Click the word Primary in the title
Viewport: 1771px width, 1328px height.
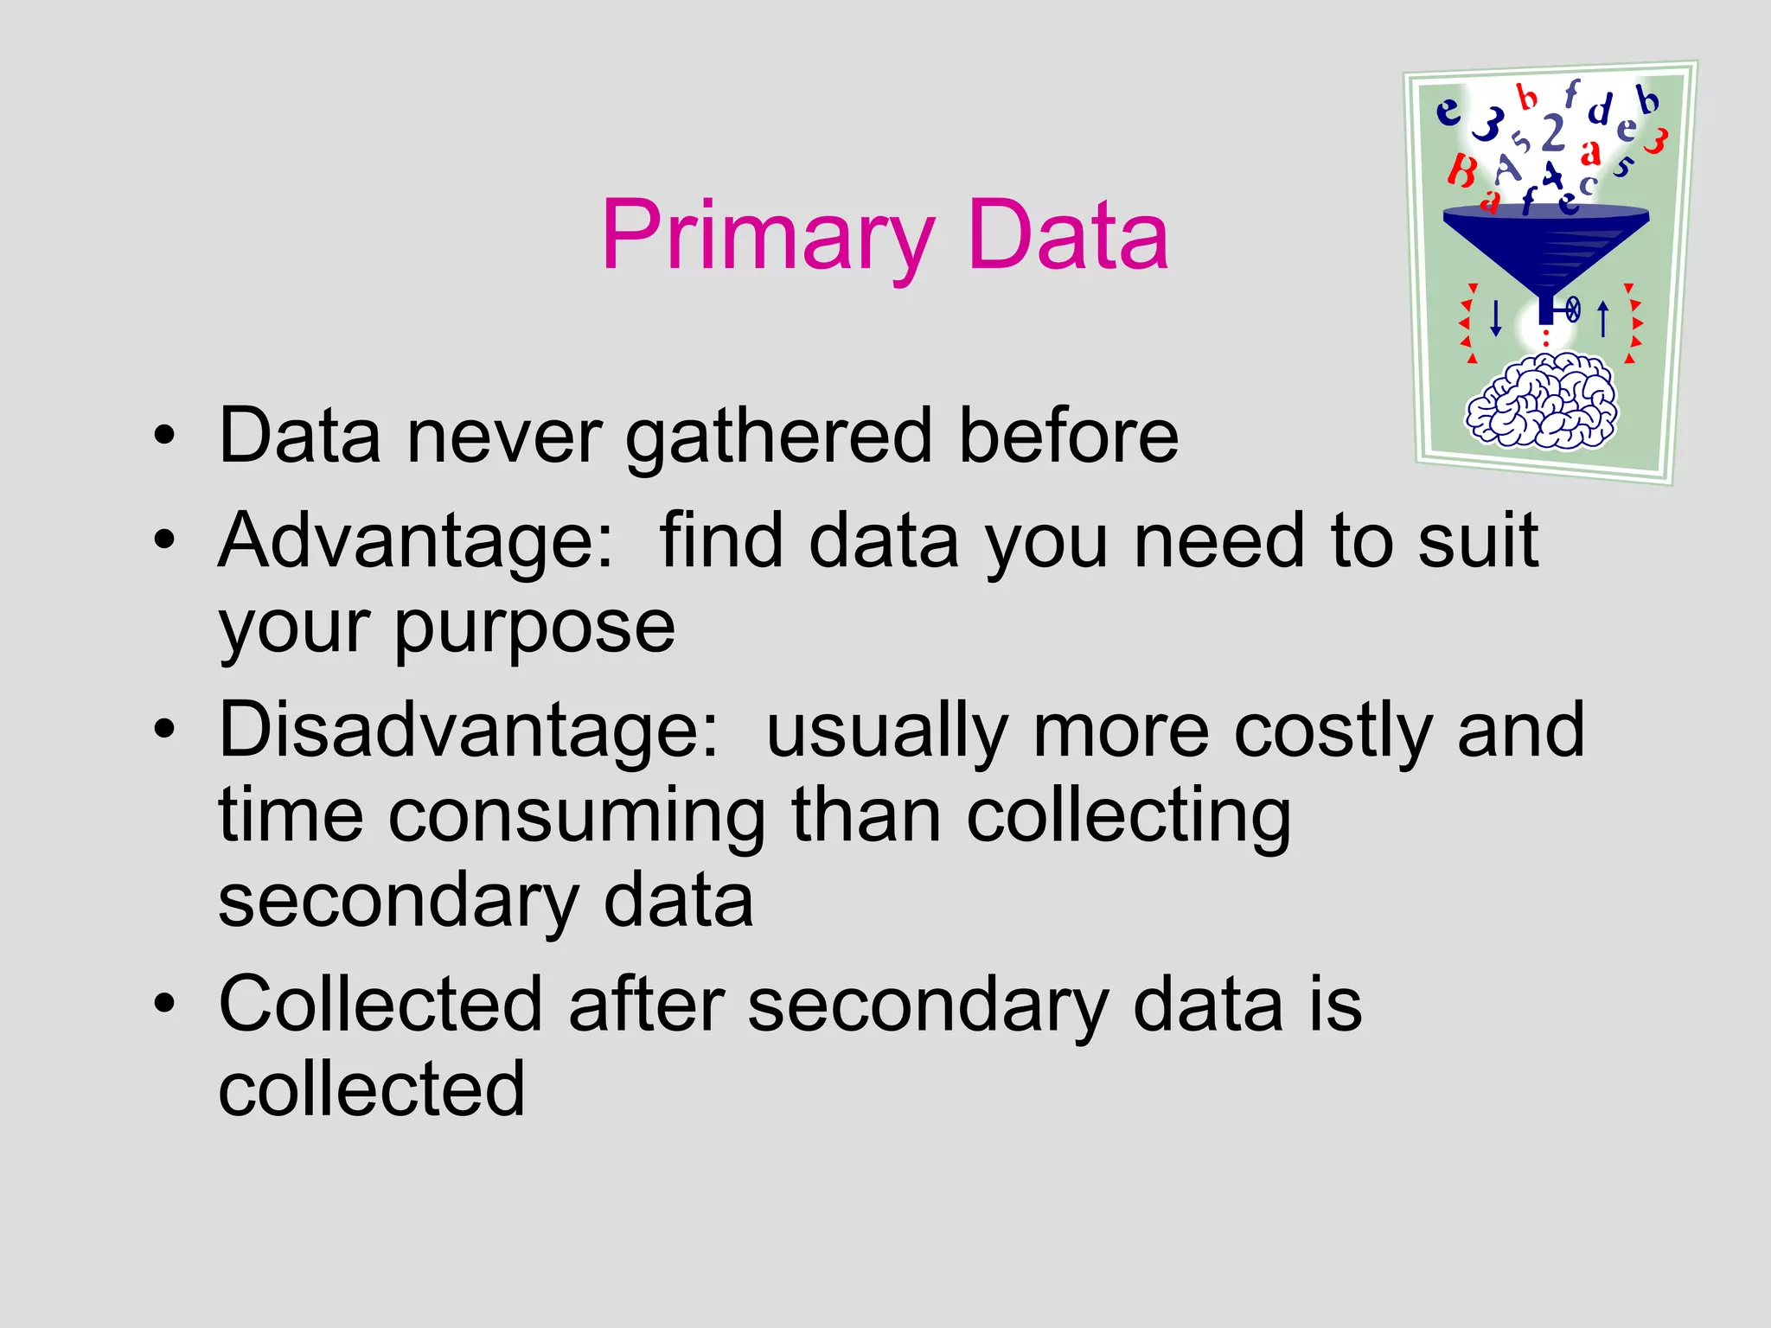(x=768, y=236)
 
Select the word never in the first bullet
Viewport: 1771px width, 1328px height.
(x=503, y=436)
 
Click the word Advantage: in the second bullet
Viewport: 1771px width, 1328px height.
(x=416, y=541)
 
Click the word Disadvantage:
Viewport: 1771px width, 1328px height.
(x=468, y=731)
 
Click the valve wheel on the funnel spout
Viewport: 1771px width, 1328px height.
(x=1573, y=309)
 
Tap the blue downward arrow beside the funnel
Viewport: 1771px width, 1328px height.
(x=1496, y=318)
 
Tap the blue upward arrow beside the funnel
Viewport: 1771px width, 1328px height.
(x=1602, y=318)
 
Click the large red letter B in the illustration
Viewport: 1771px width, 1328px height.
(x=1461, y=170)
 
